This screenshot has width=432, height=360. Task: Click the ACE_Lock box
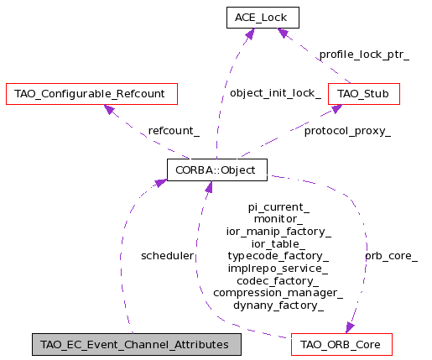(263, 18)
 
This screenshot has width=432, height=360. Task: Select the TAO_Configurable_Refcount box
(91, 94)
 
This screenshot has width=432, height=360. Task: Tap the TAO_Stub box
(364, 94)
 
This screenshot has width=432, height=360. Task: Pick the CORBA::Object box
(217, 170)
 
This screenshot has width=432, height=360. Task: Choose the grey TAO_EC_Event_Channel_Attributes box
(137, 345)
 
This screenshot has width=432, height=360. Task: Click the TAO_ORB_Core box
(341, 345)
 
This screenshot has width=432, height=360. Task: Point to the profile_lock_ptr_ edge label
(364, 55)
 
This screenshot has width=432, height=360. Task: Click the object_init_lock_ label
(275, 93)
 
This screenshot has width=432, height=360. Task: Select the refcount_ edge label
(174, 131)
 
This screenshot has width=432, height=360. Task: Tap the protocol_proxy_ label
(347, 131)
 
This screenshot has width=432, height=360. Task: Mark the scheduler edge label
(167, 256)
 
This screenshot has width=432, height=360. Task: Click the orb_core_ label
(391, 256)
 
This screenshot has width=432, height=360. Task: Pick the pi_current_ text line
(278, 207)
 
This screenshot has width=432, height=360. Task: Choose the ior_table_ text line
(278, 244)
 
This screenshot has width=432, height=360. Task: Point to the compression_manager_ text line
(278, 293)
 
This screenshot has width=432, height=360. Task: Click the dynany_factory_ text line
(278, 305)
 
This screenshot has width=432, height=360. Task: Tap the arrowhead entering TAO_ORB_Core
(350, 328)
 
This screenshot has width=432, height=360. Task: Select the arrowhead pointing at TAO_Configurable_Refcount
(109, 109)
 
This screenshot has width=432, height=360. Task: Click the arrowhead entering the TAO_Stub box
(336, 109)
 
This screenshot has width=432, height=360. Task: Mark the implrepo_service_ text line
(278, 269)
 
